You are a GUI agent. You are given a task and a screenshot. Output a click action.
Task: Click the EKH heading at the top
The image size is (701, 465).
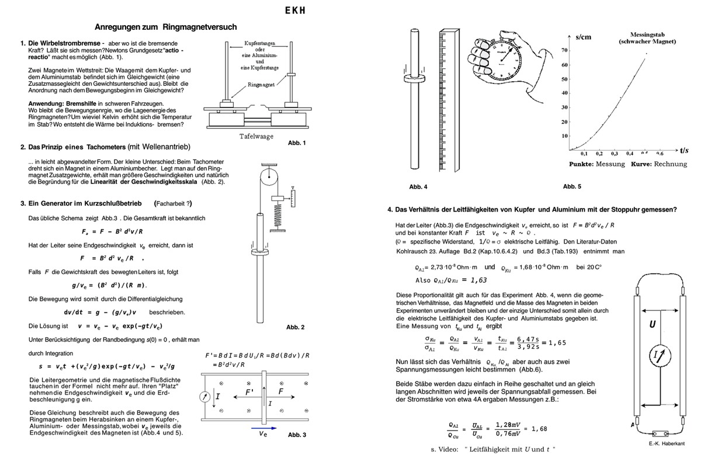pyautogui.click(x=295, y=11)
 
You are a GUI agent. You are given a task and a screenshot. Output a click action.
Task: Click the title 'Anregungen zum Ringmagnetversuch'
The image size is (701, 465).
pyautogui.click(x=165, y=27)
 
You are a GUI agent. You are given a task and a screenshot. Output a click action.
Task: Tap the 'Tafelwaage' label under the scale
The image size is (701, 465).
pyautogui.click(x=257, y=137)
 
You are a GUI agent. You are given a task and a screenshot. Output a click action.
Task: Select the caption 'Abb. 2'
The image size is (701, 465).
pyautogui.click(x=296, y=327)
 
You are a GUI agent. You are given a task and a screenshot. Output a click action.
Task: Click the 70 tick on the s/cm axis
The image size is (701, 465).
pyautogui.click(x=564, y=50)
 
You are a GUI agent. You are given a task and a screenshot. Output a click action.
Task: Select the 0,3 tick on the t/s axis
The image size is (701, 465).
pyautogui.click(x=615, y=153)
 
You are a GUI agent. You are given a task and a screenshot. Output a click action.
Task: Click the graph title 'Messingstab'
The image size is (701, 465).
pyautogui.click(x=647, y=34)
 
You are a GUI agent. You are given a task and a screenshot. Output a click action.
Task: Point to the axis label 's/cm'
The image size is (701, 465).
pyautogui.click(x=583, y=37)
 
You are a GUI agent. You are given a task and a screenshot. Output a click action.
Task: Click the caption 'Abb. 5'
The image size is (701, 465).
pyautogui.click(x=572, y=187)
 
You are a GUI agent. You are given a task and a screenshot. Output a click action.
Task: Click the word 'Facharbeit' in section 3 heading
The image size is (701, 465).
pyautogui.click(x=173, y=204)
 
